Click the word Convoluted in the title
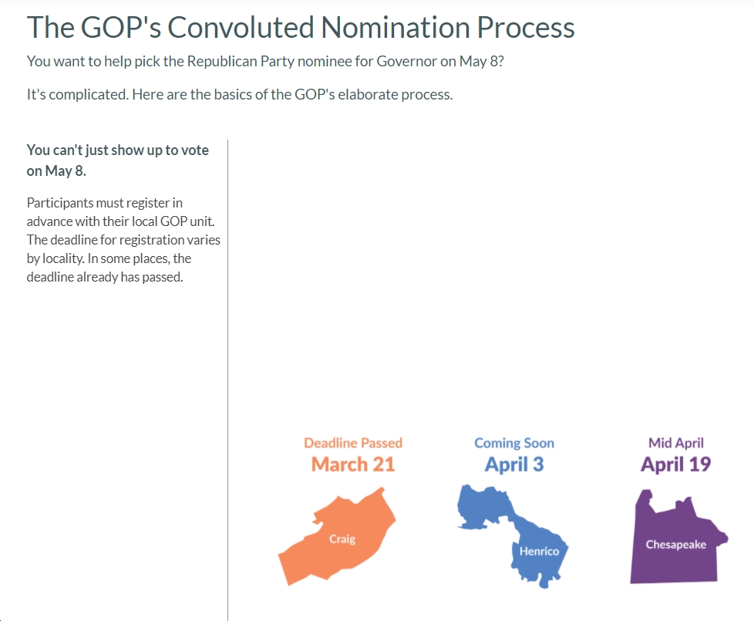[241, 28]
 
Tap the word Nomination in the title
[396, 28]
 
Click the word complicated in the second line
[89, 95]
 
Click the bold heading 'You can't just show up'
[117, 160]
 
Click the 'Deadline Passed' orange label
[353, 443]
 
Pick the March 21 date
[353, 464]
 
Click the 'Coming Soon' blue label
[514, 443]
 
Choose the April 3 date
[514, 464]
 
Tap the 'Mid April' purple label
[675, 443]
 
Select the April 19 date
[675, 464]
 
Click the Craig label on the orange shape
[342, 539]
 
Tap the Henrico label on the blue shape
[539, 552]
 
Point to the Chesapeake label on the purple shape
[675, 545]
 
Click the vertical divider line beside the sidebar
[228, 380]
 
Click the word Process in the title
[526, 28]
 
